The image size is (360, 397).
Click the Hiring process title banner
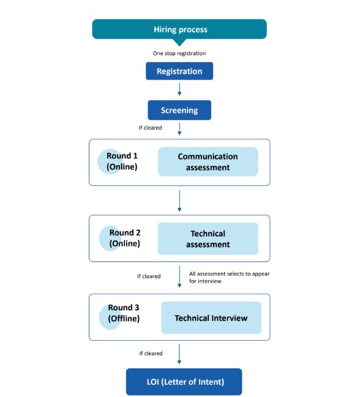click(179, 29)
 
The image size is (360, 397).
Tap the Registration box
click(179, 71)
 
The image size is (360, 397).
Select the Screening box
click(179, 110)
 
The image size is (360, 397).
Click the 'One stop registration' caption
click(179, 53)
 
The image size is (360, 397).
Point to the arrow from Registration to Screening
click(179, 89)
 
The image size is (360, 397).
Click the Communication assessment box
click(208, 161)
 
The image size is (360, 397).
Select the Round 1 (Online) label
click(122, 161)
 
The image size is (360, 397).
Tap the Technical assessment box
click(208, 239)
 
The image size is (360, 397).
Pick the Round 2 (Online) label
click(125, 238)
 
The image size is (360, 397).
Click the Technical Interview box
click(211, 317)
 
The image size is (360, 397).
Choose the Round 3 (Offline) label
click(124, 313)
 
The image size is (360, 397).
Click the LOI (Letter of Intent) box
click(184, 382)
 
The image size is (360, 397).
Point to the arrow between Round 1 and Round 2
click(179, 201)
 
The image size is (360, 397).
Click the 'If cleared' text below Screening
click(150, 128)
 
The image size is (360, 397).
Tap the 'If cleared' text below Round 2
click(149, 276)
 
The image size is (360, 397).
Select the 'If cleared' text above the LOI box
click(151, 354)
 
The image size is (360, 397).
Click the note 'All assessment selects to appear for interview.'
click(229, 278)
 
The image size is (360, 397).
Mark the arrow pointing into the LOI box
click(179, 354)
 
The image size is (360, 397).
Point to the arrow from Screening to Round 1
click(179, 129)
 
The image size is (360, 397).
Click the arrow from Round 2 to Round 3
click(179, 276)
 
